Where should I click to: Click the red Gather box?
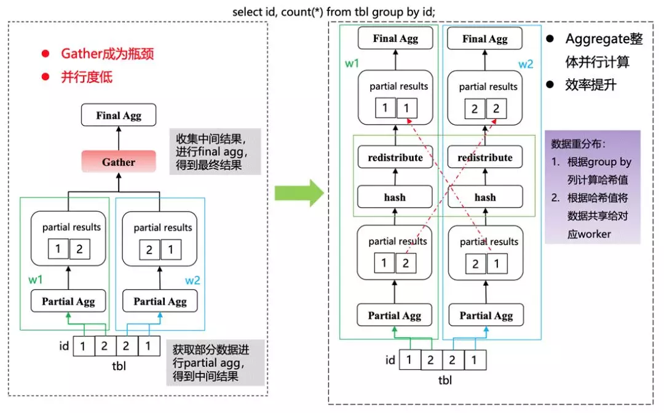(x=118, y=162)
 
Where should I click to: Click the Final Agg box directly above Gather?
(x=118, y=115)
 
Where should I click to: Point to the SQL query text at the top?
(x=334, y=12)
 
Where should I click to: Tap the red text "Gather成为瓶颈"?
(x=107, y=54)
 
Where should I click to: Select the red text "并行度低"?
(x=86, y=78)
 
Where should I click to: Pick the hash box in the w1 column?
(x=395, y=198)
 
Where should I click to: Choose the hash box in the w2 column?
(x=485, y=198)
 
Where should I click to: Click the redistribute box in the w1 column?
(x=395, y=158)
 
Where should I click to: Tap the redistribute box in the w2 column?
(x=485, y=158)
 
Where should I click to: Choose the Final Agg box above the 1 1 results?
(x=395, y=39)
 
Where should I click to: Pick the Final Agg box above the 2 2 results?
(x=485, y=39)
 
